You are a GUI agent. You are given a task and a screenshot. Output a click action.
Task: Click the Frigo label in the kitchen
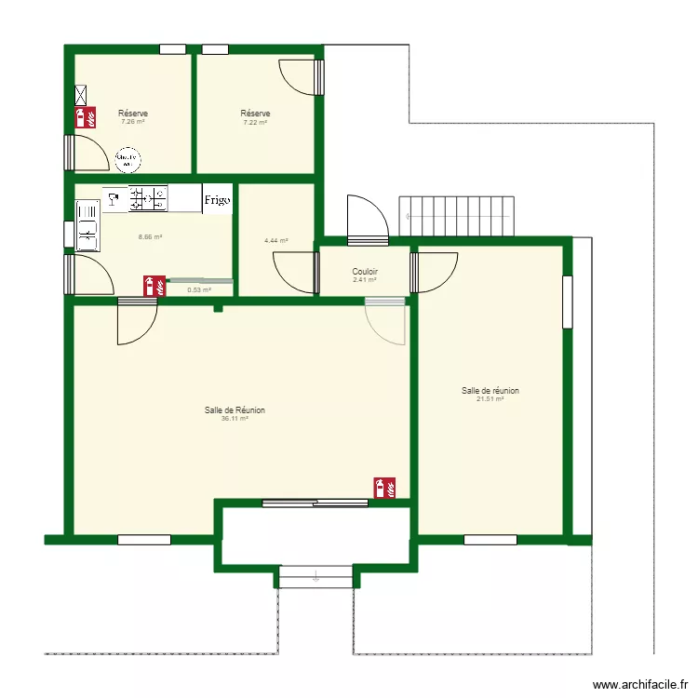coord(217,199)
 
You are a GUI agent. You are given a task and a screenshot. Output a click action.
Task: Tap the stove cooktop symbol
coord(148,197)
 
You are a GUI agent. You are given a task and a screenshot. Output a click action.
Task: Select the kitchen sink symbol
coord(87,225)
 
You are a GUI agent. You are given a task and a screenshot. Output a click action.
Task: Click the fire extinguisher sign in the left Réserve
coord(87,116)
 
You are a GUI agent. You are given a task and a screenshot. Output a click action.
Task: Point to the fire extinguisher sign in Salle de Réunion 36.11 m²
coord(384,487)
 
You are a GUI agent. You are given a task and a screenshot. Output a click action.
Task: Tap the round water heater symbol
coord(127,160)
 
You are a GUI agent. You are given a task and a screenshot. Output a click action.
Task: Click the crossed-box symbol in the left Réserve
coord(82,94)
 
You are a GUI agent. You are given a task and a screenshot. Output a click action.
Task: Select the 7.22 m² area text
coord(255,122)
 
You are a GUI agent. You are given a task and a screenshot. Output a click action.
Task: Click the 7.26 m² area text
coord(133,121)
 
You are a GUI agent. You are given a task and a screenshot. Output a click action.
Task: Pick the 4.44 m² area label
coord(275,240)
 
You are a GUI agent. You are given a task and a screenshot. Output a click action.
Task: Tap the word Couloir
coord(365,272)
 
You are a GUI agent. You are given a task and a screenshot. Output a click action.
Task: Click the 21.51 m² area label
coord(490,399)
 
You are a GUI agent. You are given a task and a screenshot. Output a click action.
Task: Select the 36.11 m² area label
coord(235,419)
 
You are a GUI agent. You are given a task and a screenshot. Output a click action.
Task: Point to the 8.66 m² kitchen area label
coord(150,236)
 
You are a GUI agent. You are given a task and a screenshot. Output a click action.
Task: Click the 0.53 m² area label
coord(199,289)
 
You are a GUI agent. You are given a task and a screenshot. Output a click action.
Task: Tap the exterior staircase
coord(457,216)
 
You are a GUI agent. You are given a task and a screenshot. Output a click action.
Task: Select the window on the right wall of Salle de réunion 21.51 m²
coord(567,302)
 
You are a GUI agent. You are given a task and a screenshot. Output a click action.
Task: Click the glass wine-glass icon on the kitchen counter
coord(114,198)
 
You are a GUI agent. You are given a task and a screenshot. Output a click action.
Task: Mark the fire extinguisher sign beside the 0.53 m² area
coord(154,285)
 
